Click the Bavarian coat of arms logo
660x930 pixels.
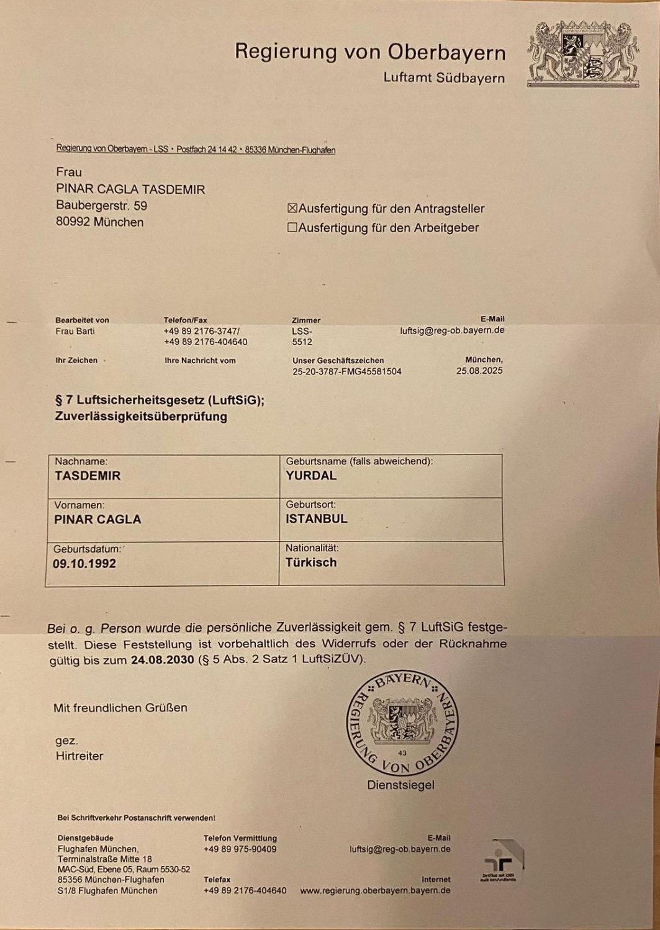pos(583,54)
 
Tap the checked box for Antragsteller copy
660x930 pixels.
pos(292,209)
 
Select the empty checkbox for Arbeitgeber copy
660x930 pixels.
pos(292,228)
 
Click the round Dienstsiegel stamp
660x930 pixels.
pos(402,725)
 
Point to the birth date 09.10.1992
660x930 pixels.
pos(84,564)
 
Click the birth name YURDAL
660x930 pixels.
pos(311,476)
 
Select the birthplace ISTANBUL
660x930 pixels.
pos(317,519)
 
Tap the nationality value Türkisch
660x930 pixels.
pos(311,562)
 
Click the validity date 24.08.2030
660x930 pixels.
pos(162,659)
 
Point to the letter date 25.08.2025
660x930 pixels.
pos(479,371)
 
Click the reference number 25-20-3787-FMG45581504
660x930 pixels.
pos(347,372)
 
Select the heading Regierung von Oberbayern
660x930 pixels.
pos(370,52)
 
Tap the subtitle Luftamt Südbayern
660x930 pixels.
pos(444,78)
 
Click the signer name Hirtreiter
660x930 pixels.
pos(79,756)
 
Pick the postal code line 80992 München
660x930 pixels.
pos(100,222)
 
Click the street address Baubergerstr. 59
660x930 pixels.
pos(102,205)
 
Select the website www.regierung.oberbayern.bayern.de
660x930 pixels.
pos(375,891)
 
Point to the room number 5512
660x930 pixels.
pos(302,342)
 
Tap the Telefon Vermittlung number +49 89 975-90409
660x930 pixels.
pos(240,849)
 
